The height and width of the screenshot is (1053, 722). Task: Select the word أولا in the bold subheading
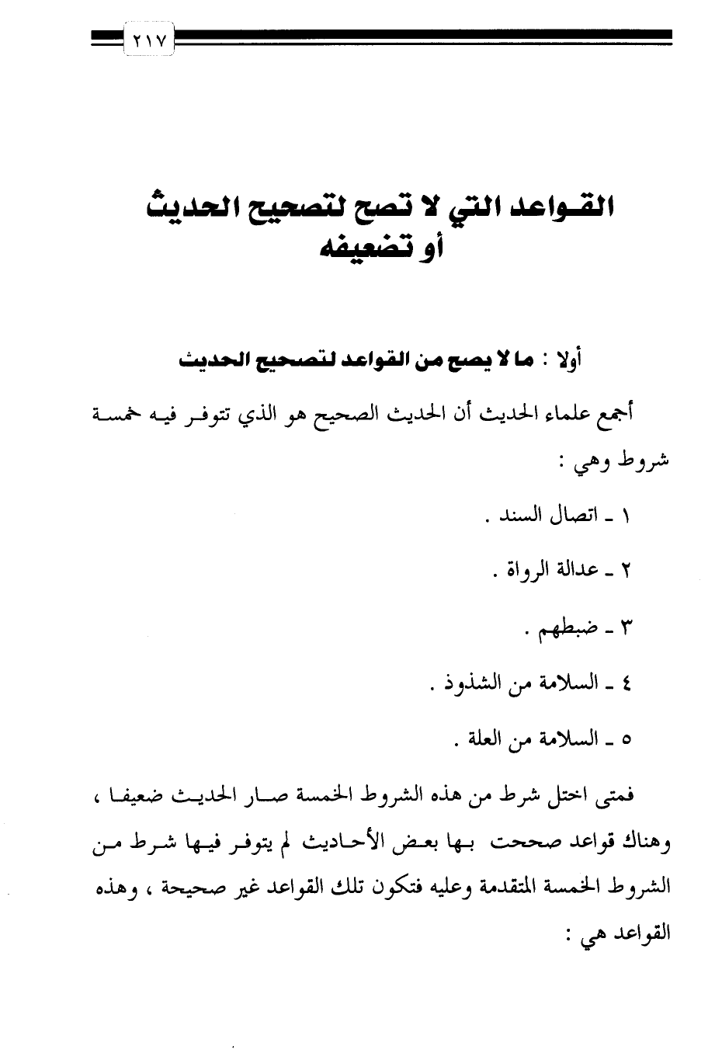click(567, 360)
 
